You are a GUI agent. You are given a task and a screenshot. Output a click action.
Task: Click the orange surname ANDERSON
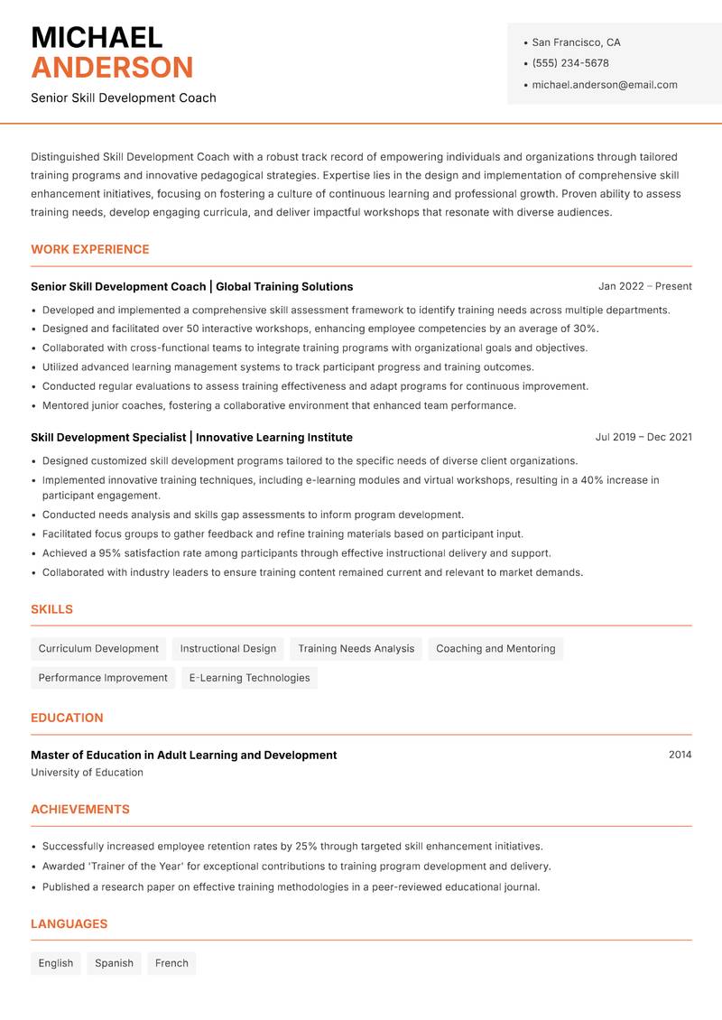click(x=112, y=68)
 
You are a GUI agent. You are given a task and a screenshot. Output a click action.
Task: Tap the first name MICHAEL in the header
click(x=97, y=38)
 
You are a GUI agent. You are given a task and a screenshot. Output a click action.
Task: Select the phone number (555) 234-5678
click(x=569, y=63)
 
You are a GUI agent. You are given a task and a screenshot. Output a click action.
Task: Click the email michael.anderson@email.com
click(x=604, y=85)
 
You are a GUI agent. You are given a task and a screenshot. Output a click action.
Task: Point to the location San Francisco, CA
click(x=576, y=42)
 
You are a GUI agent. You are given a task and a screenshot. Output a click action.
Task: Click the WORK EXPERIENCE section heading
click(x=90, y=249)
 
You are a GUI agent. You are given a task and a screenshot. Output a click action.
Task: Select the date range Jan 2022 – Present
click(x=644, y=286)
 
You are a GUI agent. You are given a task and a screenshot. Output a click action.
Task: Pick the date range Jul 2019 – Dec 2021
click(x=643, y=437)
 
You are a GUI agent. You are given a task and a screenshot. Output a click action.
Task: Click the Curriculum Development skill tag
click(x=98, y=648)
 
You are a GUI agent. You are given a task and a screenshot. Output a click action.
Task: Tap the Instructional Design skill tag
click(x=228, y=648)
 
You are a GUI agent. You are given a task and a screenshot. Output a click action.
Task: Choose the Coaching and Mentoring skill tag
click(x=495, y=648)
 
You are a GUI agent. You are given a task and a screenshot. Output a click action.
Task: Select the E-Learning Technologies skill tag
click(x=249, y=678)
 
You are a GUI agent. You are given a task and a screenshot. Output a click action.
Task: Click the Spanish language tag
click(x=115, y=963)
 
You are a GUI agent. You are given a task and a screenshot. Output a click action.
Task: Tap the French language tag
click(x=171, y=963)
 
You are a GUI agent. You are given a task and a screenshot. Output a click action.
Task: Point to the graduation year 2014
click(x=680, y=755)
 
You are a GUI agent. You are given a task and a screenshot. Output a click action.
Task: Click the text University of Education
click(x=87, y=773)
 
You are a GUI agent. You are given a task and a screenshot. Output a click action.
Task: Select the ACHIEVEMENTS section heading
click(x=80, y=810)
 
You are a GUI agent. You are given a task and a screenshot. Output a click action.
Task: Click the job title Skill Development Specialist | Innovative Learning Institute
click(x=191, y=437)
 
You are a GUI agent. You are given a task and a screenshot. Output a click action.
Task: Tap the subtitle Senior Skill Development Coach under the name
click(x=124, y=97)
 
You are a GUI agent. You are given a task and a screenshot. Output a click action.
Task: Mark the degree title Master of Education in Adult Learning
click(x=183, y=755)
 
